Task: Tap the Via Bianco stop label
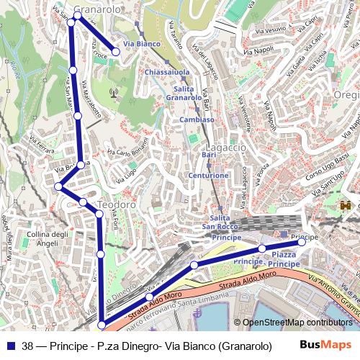point(142,45)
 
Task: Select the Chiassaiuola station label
point(166,73)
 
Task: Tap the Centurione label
point(209,175)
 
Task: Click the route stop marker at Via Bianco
point(115,52)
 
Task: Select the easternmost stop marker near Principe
point(302,242)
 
